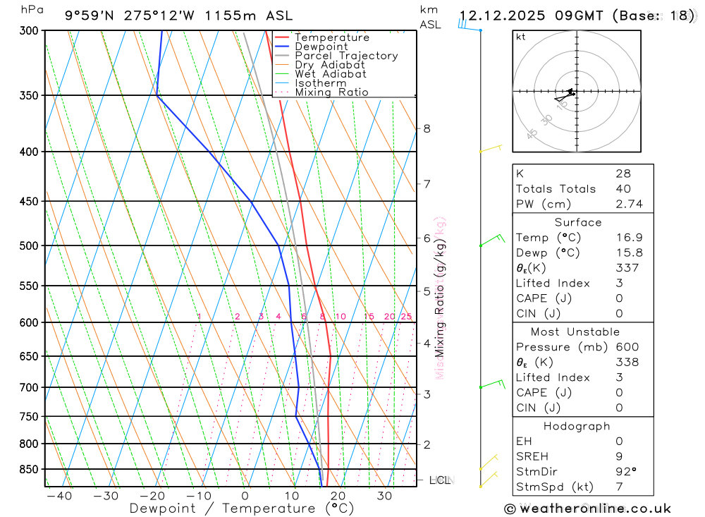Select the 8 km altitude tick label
[x=427, y=128]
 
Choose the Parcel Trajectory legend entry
[x=346, y=56]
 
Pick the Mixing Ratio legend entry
[x=331, y=92]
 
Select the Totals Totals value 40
[x=623, y=189]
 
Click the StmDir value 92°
[x=625, y=472]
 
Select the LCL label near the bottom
[x=440, y=480]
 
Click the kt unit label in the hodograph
[x=521, y=37]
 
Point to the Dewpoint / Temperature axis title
[x=241, y=509]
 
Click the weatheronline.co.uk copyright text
[x=587, y=509]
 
